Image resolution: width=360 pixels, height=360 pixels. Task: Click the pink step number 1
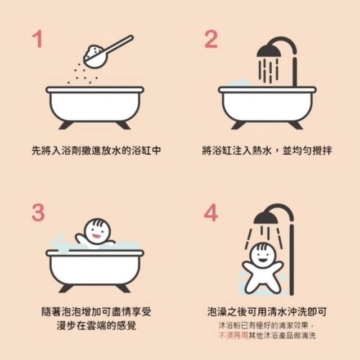(x=38, y=39)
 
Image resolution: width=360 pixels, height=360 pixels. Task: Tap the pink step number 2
(x=211, y=39)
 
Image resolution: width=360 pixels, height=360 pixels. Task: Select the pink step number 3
(x=38, y=213)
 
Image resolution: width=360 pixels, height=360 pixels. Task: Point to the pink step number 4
(x=211, y=213)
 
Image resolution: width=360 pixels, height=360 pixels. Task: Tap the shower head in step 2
(x=269, y=51)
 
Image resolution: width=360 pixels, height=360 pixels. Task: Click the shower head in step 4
(x=266, y=218)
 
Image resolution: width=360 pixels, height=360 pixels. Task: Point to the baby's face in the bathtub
(x=97, y=231)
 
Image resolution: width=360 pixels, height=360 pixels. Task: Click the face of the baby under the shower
(x=263, y=255)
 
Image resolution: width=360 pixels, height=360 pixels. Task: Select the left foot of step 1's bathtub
(x=66, y=125)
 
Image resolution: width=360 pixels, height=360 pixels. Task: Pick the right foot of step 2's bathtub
(x=296, y=125)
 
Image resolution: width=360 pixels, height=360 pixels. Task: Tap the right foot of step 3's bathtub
(x=123, y=289)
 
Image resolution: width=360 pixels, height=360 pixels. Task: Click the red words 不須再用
(x=233, y=335)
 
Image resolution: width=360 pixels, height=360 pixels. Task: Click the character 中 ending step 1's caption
(x=156, y=151)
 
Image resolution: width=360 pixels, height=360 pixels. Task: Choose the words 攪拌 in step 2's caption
(x=322, y=151)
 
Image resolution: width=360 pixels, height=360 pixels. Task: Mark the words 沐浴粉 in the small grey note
(x=229, y=325)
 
